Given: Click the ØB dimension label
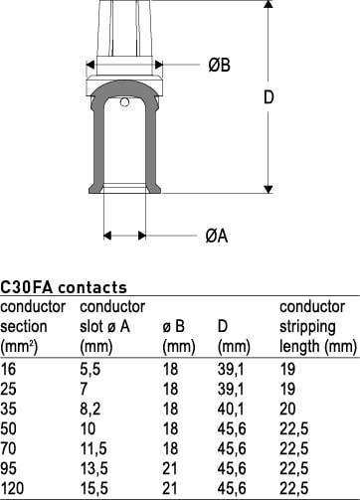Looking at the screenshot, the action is [219, 65].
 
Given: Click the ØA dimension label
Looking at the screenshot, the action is [217, 236].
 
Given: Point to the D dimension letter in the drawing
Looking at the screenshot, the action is [269, 97].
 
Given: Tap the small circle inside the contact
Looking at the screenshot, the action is [124, 102].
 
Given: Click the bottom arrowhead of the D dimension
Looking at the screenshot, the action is [269, 189].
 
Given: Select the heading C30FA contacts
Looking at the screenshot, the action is [64, 287].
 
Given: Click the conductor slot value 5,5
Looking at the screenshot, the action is [90, 369].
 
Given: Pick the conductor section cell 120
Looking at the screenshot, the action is [12, 488].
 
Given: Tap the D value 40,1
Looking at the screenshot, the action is [231, 409].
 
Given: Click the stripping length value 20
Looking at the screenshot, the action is [287, 409].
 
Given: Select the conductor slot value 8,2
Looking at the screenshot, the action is [90, 409].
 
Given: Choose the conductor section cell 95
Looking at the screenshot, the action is [8, 468].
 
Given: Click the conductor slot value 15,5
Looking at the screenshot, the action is [94, 488].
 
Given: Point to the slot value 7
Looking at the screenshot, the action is [84, 389].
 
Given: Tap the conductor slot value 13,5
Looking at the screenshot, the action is [94, 468].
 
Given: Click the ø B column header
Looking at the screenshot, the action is [173, 327].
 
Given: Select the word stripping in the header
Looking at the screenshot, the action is [307, 327].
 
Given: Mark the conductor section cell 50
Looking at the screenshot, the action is [8, 428].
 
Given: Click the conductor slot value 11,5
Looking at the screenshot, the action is [93, 448].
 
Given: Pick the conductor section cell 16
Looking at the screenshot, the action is [8, 369].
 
